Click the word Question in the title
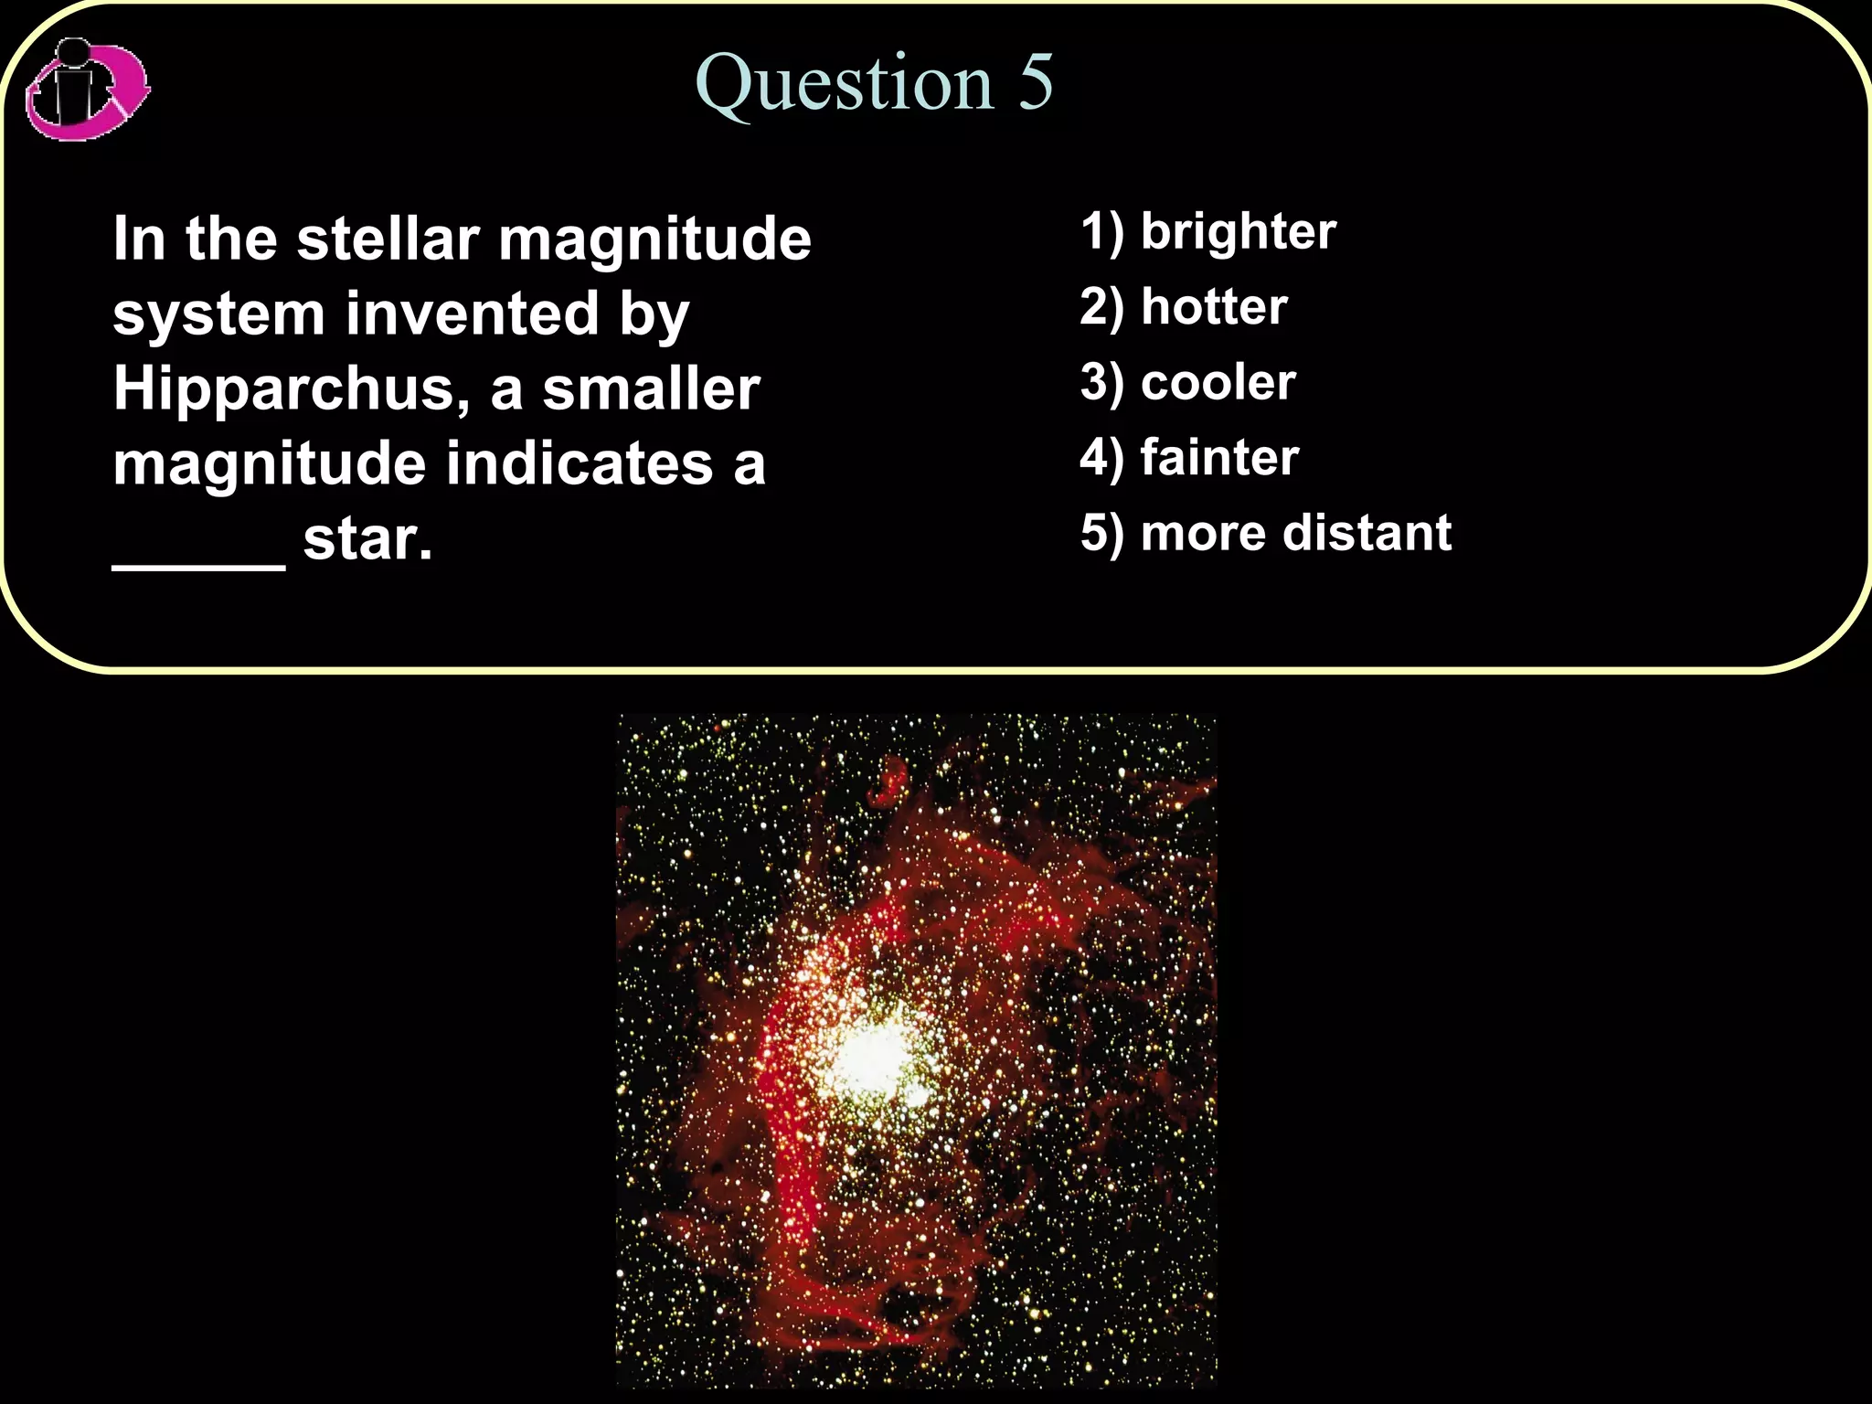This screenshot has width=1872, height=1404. point(844,84)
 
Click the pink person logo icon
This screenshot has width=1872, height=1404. point(87,90)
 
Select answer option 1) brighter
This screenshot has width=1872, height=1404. point(1207,231)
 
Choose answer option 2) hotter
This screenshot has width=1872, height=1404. point(1183,307)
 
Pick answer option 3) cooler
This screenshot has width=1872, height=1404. point(1187,382)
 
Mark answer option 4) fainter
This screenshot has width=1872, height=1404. point(1188,457)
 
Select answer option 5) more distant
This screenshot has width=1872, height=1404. point(1265,533)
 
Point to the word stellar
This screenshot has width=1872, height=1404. point(388,239)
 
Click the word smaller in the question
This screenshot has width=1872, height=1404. point(651,389)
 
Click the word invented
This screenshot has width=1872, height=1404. point(472,314)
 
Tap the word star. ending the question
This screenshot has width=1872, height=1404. point(367,539)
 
